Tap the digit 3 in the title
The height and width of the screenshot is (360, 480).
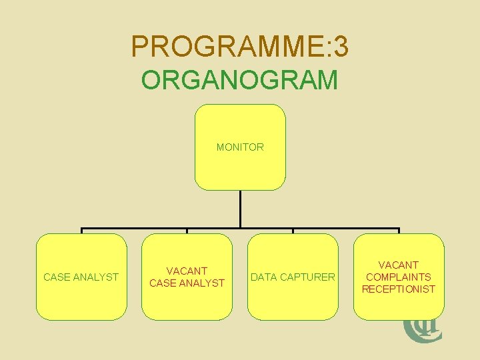pyautogui.click(x=340, y=47)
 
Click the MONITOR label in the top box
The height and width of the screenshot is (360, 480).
pyautogui.click(x=240, y=147)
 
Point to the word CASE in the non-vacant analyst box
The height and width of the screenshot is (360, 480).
pyautogui.click(x=56, y=277)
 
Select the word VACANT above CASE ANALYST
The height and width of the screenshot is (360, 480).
pyautogui.click(x=187, y=271)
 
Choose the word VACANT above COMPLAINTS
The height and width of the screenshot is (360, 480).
pyautogui.click(x=399, y=265)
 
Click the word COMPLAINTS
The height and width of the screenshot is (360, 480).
pyautogui.click(x=399, y=277)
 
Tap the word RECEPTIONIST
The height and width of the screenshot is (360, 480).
pyautogui.click(x=399, y=289)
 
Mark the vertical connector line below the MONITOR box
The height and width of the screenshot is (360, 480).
pyautogui.click(x=240, y=209)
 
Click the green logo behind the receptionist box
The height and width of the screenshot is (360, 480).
pyautogui.click(x=420, y=329)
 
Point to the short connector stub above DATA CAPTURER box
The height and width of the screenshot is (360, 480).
pyautogui.click(x=293, y=231)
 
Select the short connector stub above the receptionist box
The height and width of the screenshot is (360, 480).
pyautogui.click(x=399, y=231)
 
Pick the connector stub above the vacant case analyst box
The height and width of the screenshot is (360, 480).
pyautogui.click(x=187, y=231)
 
